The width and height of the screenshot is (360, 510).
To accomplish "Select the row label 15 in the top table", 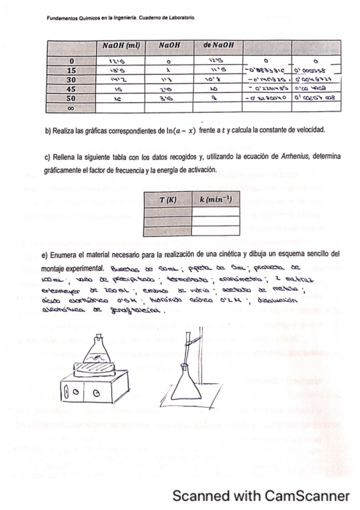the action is [x=72, y=70].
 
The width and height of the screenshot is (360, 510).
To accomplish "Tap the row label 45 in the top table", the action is [x=72, y=88].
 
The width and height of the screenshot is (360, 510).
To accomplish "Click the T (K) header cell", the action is [x=166, y=198].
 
